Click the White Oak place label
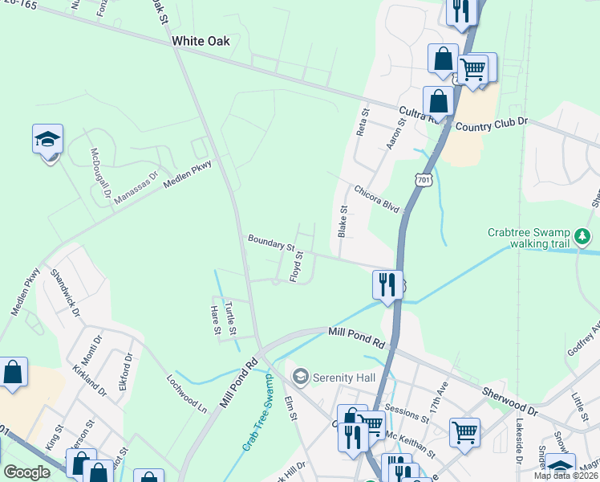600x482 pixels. [201, 41]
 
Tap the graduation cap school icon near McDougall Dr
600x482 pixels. [47, 139]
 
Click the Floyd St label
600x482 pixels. [295, 266]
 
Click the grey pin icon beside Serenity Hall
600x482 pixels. [301, 375]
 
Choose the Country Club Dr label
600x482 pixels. [493, 124]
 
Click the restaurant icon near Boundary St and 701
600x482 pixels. [387, 284]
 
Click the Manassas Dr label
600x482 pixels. [136, 186]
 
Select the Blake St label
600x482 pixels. [343, 220]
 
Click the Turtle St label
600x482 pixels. [230, 319]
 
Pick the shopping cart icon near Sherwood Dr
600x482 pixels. [464, 432]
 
